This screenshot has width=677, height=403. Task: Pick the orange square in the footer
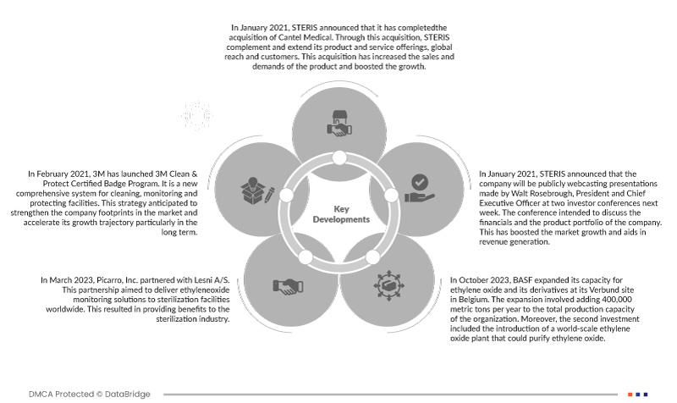(630, 394)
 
